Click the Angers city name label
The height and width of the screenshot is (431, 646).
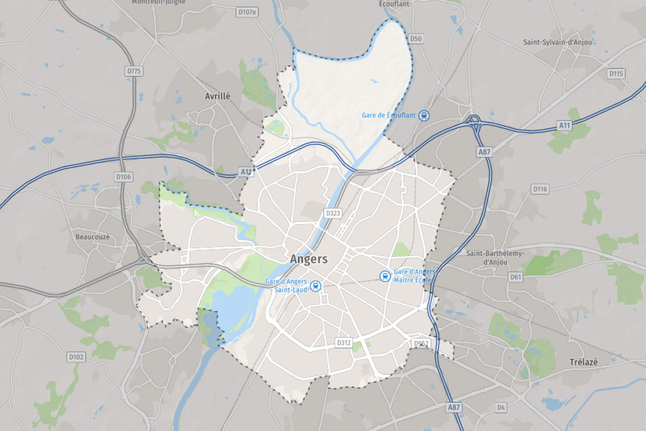tap(309, 259)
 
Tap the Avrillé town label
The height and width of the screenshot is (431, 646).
tap(218, 96)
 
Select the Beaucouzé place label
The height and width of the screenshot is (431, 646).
tap(93, 237)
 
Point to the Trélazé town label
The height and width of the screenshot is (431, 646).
tap(583, 362)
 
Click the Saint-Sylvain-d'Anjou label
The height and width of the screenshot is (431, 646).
tap(557, 42)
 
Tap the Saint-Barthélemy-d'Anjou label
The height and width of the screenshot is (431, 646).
tap(495, 258)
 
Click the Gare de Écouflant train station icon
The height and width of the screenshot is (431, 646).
tap(424, 115)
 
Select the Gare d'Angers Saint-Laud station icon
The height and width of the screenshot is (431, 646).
tap(315, 286)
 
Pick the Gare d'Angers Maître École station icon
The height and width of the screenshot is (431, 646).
tap(385, 276)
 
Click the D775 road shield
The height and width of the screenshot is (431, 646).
tap(134, 71)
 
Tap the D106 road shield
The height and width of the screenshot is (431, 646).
tap(123, 177)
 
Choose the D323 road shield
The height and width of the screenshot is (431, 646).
tap(333, 213)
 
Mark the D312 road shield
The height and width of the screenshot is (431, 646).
tap(344, 343)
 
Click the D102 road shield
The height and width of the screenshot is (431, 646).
tap(76, 357)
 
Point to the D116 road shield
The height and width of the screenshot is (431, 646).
tap(540, 189)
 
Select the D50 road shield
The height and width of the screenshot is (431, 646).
tap(416, 38)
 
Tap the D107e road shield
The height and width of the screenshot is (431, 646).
tap(247, 12)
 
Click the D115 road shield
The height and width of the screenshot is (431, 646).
tap(616, 73)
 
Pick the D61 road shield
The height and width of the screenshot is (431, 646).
tap(515, 277)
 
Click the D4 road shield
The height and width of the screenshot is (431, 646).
tap(501, 408)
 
